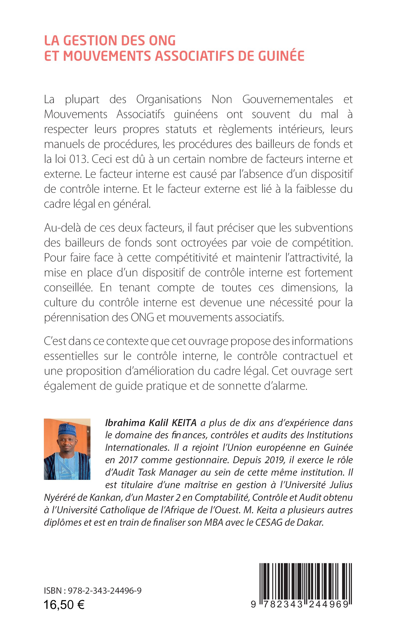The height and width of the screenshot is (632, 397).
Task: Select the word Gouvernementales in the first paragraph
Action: (x=288, y=99)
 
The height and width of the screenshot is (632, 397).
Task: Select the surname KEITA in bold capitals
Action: (x=184, y=423)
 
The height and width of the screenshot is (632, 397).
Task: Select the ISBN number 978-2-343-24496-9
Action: (x=105, y=591)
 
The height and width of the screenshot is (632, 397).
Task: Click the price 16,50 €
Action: (x=64, y=605)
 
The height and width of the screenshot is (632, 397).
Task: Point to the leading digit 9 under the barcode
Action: (x=253, y=604)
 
